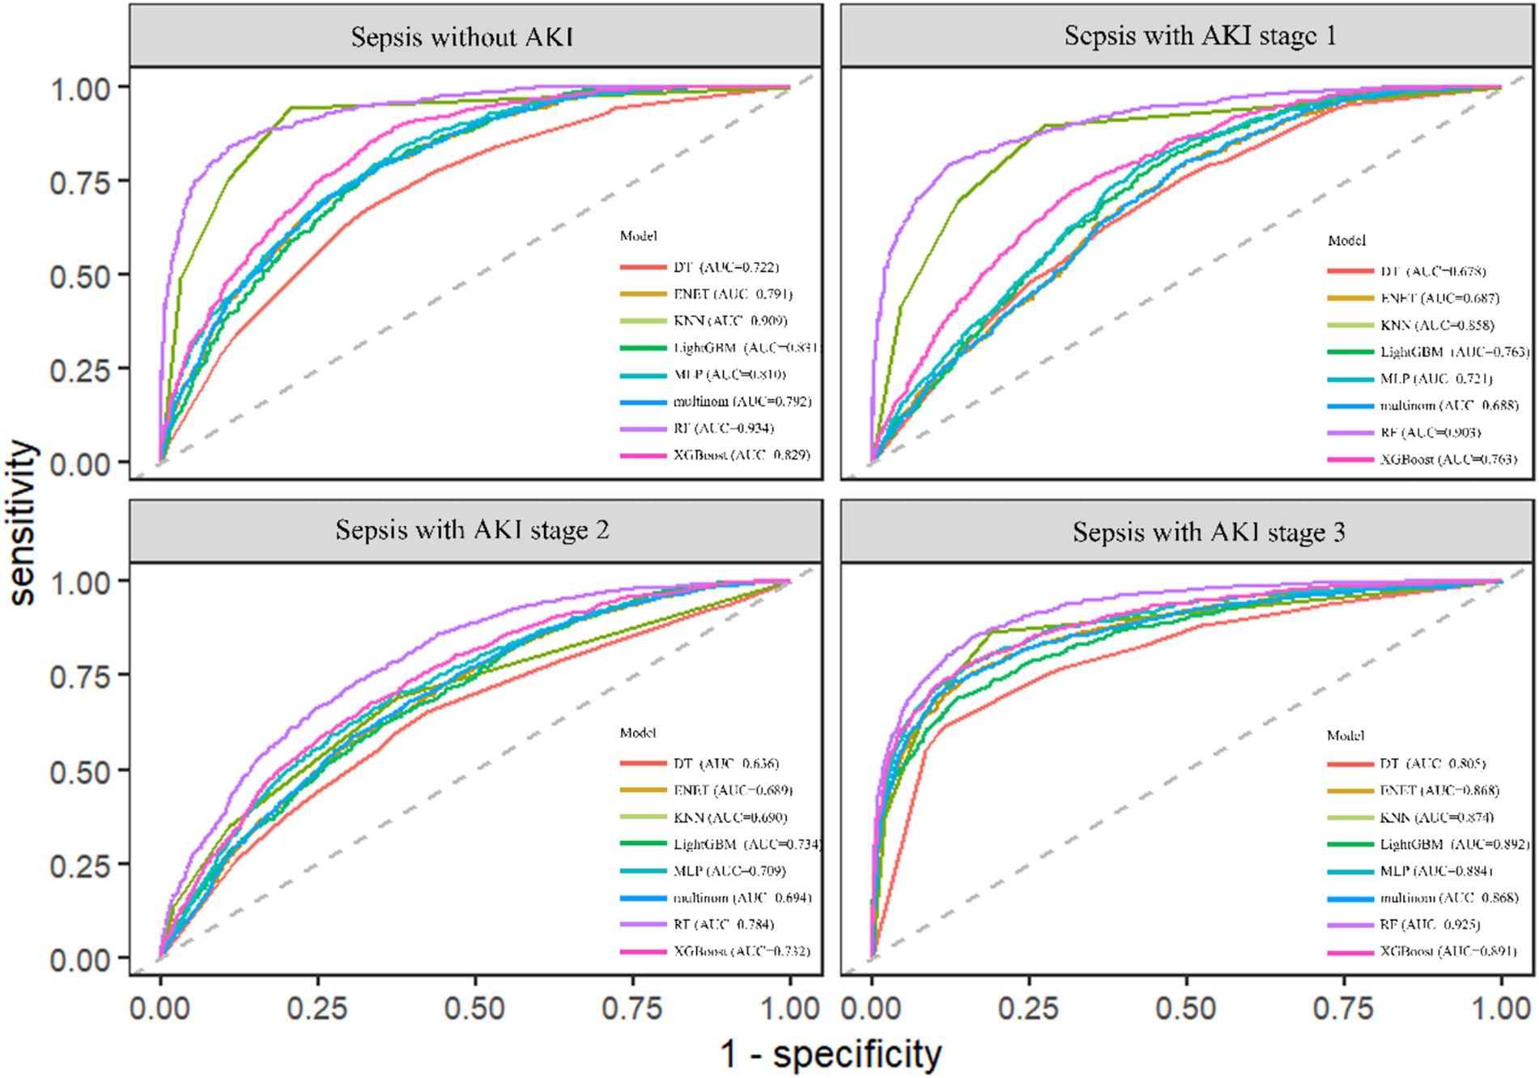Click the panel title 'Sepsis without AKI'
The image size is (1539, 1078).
coord(462,37)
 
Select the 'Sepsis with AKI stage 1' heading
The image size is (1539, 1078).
coord(1200,36)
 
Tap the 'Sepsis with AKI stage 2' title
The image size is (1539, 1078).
coord(472,530)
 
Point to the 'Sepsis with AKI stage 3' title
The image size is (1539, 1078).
coord(1209,532)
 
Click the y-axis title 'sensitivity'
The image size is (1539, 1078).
coord(23,522)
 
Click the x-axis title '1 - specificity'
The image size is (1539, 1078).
coord(831,1055)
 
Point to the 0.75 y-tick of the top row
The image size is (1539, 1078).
coord(80,182)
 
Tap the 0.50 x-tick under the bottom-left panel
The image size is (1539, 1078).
coord(475,1008)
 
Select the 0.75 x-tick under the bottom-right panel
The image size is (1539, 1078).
coord(1344,1008)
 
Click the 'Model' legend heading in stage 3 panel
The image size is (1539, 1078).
coord(1346,736)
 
